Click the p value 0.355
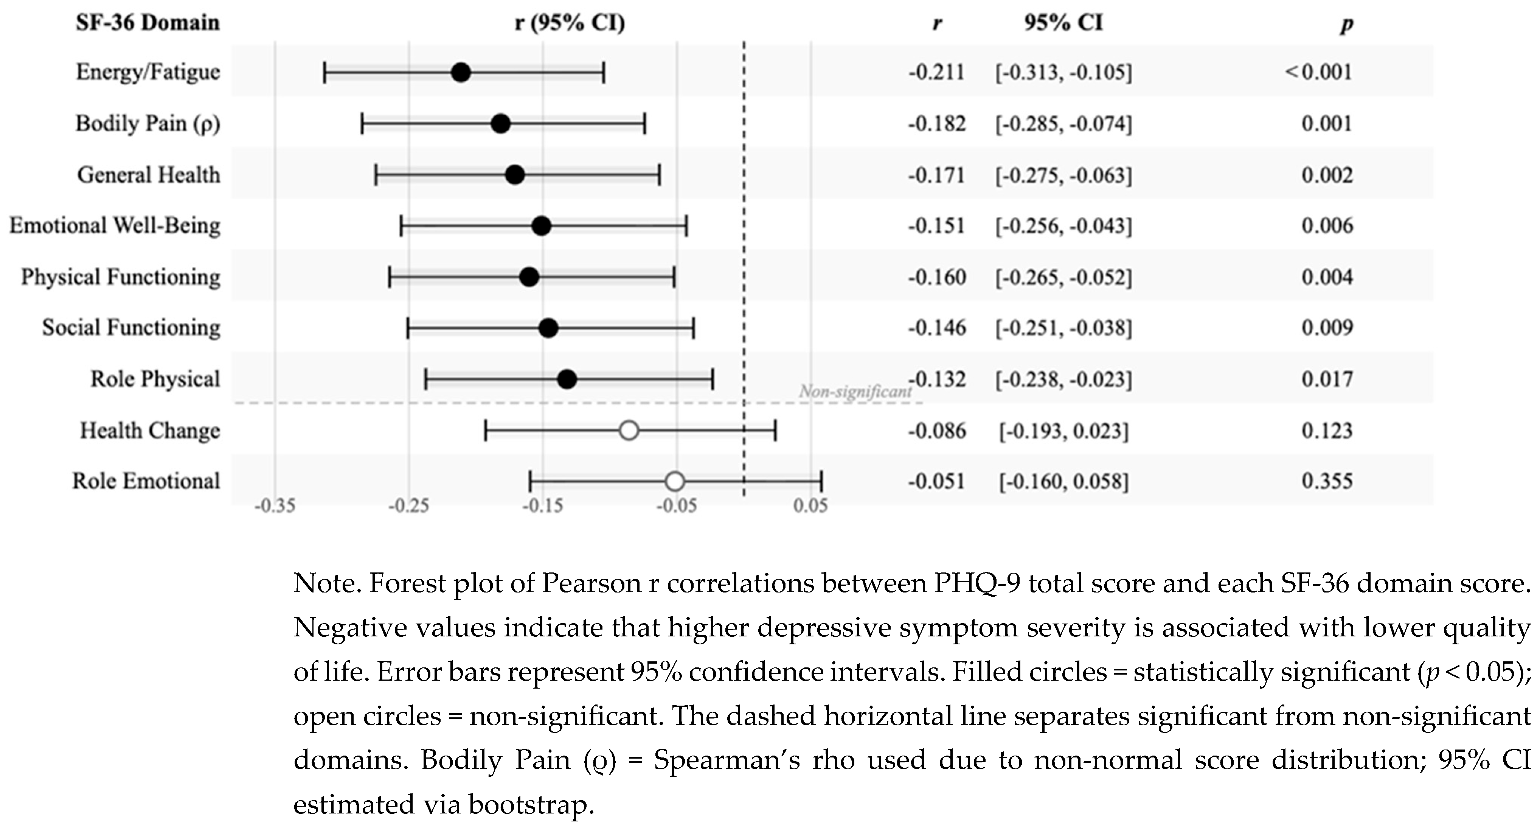click(x=1327, y=482)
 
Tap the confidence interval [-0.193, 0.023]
click(x=1063, y=431)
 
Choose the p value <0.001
click(x=1318, y=72)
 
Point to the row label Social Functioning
click(x=131, y=328)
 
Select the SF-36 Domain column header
click(x=147, y=23)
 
